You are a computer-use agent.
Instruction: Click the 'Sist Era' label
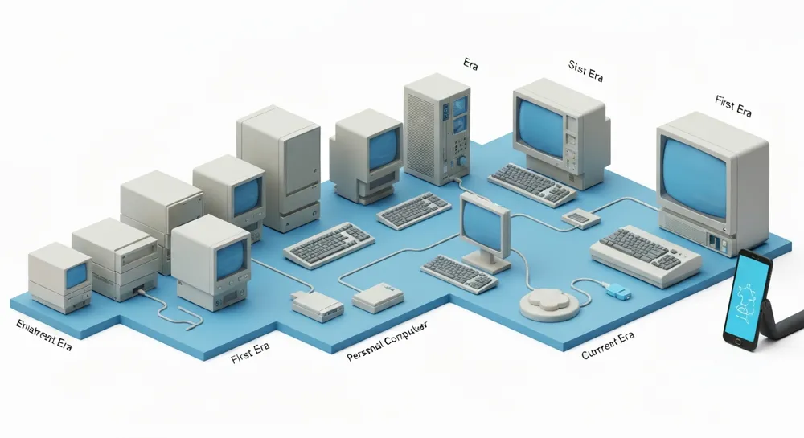(585, 72)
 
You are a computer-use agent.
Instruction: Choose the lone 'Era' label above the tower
(471, 63)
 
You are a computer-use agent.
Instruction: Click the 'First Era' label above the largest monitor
(732, 105)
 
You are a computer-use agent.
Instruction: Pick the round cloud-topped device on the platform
(549, 304)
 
